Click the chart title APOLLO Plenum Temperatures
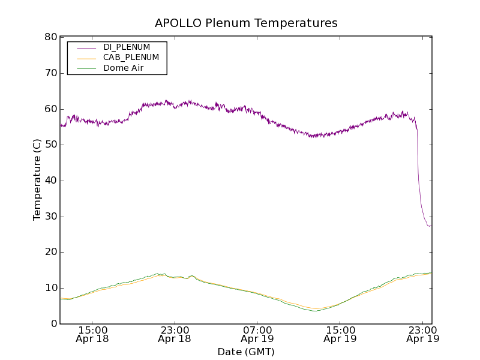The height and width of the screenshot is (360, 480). tap(246, 23)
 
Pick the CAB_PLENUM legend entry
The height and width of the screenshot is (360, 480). tap(127, 58)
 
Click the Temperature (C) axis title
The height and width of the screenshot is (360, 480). tap(37, 181)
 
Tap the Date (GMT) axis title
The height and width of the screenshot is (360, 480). tap(246, 352)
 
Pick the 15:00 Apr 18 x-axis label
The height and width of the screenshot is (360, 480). tap(92, 334)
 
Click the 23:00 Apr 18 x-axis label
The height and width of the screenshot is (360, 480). tap(175, 334)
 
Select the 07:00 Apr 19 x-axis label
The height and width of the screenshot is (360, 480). tap(257, 334)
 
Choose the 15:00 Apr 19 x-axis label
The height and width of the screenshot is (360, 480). tap(340, 334)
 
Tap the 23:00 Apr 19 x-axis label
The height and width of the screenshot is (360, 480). tap(423, 334)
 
